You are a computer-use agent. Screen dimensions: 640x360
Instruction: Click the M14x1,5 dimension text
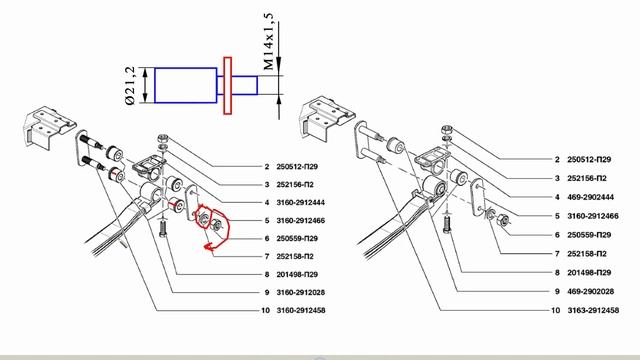click(268, 41)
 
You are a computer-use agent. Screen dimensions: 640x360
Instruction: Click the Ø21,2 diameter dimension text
click(130, 85)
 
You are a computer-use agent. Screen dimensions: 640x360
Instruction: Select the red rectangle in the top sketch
click(228, 86)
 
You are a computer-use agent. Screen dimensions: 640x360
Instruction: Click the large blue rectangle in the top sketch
click(186, 85)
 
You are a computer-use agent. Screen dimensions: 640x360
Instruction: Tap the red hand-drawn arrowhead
click(210, 247)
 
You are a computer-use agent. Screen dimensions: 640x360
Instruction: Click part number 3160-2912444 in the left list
click(300, 202)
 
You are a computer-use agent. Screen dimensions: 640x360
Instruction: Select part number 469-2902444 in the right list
click(590, 197)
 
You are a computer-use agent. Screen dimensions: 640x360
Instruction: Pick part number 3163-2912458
click(593, 310)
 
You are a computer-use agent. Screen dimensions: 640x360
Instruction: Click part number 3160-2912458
click(301, 310)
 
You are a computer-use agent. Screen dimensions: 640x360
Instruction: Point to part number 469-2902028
click(590, 291)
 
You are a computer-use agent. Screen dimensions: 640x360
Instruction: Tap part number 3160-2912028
click(300, 292)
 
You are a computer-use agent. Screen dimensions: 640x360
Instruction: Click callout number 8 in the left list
click(267, 274)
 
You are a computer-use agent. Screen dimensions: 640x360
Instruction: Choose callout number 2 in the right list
click(557, 160)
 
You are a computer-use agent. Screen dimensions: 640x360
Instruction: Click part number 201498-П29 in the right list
click(589, 273)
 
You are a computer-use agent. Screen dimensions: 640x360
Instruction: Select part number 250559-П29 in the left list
click(297, 238)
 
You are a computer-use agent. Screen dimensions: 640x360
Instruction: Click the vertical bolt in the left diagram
click(163, 229)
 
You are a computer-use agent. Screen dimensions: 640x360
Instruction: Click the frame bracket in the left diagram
click(50, 127)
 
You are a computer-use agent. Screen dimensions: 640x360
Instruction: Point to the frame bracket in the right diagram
click(326, 116)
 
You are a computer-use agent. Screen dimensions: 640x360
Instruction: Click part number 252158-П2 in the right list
click(587, 254)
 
